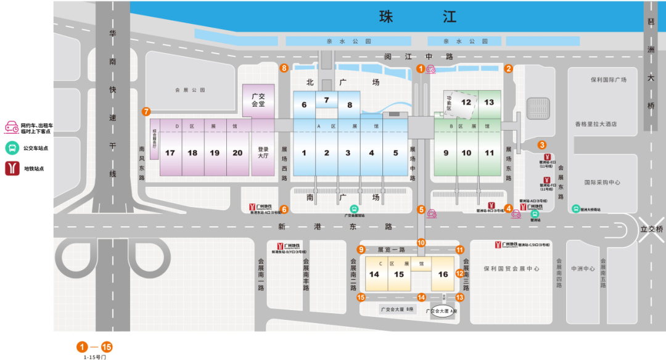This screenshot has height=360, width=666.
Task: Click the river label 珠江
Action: tap(419, 17)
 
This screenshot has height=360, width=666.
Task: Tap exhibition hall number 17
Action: tap(170, 153)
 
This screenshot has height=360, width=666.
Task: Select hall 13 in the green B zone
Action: tap(489, 102)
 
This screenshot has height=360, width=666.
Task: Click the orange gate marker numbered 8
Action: tap(284, 68)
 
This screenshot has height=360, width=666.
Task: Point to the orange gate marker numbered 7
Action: tap(146, 112)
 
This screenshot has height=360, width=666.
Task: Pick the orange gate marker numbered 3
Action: tap(542, 145)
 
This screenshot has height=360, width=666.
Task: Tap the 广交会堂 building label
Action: tap(258, 100)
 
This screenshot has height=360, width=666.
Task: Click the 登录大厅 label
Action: tap(263, 153)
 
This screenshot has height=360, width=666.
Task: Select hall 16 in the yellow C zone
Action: tap(443, 274)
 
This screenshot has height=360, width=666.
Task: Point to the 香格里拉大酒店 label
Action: tap(596, 124)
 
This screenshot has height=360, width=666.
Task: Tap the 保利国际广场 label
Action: tap(608, 80)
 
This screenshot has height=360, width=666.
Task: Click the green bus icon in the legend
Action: tap(12, 148)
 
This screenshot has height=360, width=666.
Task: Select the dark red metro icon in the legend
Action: tap(12, 168)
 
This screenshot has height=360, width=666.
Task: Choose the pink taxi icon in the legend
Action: tap(12, 128)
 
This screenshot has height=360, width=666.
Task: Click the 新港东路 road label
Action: tap(335, 227)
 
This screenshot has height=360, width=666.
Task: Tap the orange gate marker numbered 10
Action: tap(421, 243)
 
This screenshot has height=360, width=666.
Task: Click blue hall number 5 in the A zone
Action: tap(395, 153)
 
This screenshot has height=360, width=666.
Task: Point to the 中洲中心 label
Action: tap(583, 269)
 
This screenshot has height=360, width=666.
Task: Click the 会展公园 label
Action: tap(189, 90)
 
